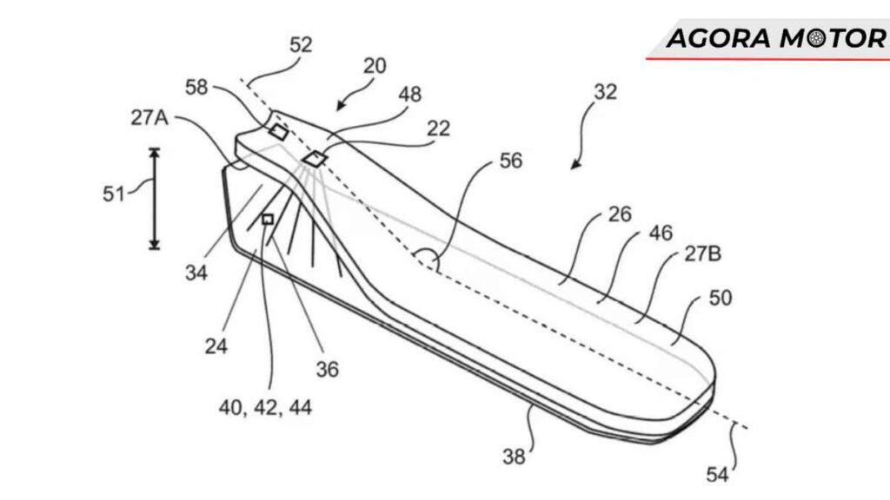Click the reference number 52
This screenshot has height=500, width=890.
pyautogui.click(x=301, y=46)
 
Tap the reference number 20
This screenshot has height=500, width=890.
pyautogui.click(x=374, y=66)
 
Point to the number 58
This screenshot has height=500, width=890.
pyautogui.click(x=197, y=86)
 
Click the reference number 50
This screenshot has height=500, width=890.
pyautogui.click(x=720, y=298)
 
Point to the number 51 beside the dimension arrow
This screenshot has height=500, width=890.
pyautogui.click(x=115, y=194)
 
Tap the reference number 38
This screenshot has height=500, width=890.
pyautogui.click(x=515, y=454)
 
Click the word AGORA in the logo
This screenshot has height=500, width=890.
pyautogui.click(x=718, y=38)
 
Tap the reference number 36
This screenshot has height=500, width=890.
pyautogui.click(x=327, y=369)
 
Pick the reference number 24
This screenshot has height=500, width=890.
pyautogui.click(x=216, y=346)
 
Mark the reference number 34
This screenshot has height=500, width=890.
pyautogui.click(x=196, y=273)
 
